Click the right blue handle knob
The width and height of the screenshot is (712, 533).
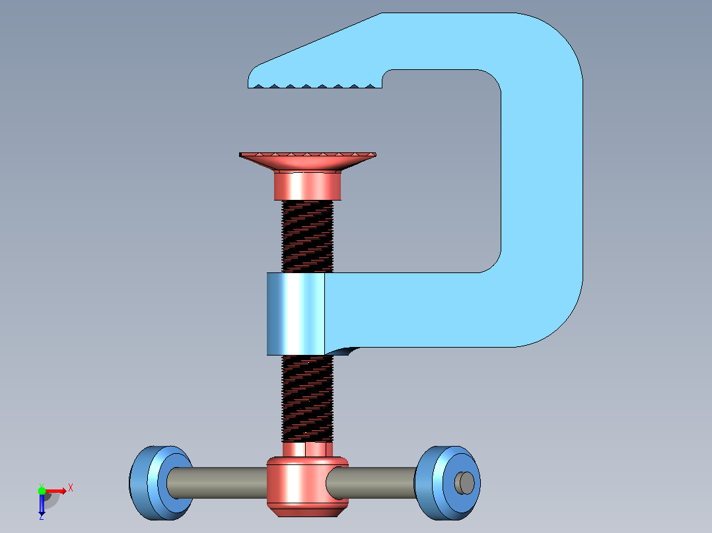pyautogui.click(x=447, y=483)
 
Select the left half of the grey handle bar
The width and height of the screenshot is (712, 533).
pyautogui.click(x=217, y=483)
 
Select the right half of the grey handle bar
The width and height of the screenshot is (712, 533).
pyautogui.click(x=371, y=483)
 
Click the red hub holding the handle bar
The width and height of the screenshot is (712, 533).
pyautogui.click(x=307, y=486)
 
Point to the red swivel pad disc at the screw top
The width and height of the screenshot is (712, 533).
pyautogui.click(x=308, y=161)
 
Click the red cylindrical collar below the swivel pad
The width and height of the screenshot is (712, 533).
pyautogui.click(x=307, y=186)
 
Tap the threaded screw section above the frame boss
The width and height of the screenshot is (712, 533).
pyautogui.click(x=307, y=236)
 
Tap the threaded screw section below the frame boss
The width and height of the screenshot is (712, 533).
pyautogui.click(x=307, y=398)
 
